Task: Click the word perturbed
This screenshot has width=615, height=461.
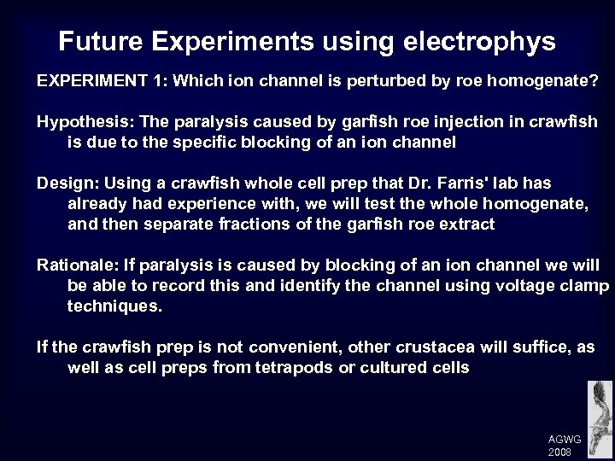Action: (354, 81)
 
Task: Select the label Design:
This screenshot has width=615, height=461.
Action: (62, 183)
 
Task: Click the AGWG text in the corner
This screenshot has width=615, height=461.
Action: (564, 439)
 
